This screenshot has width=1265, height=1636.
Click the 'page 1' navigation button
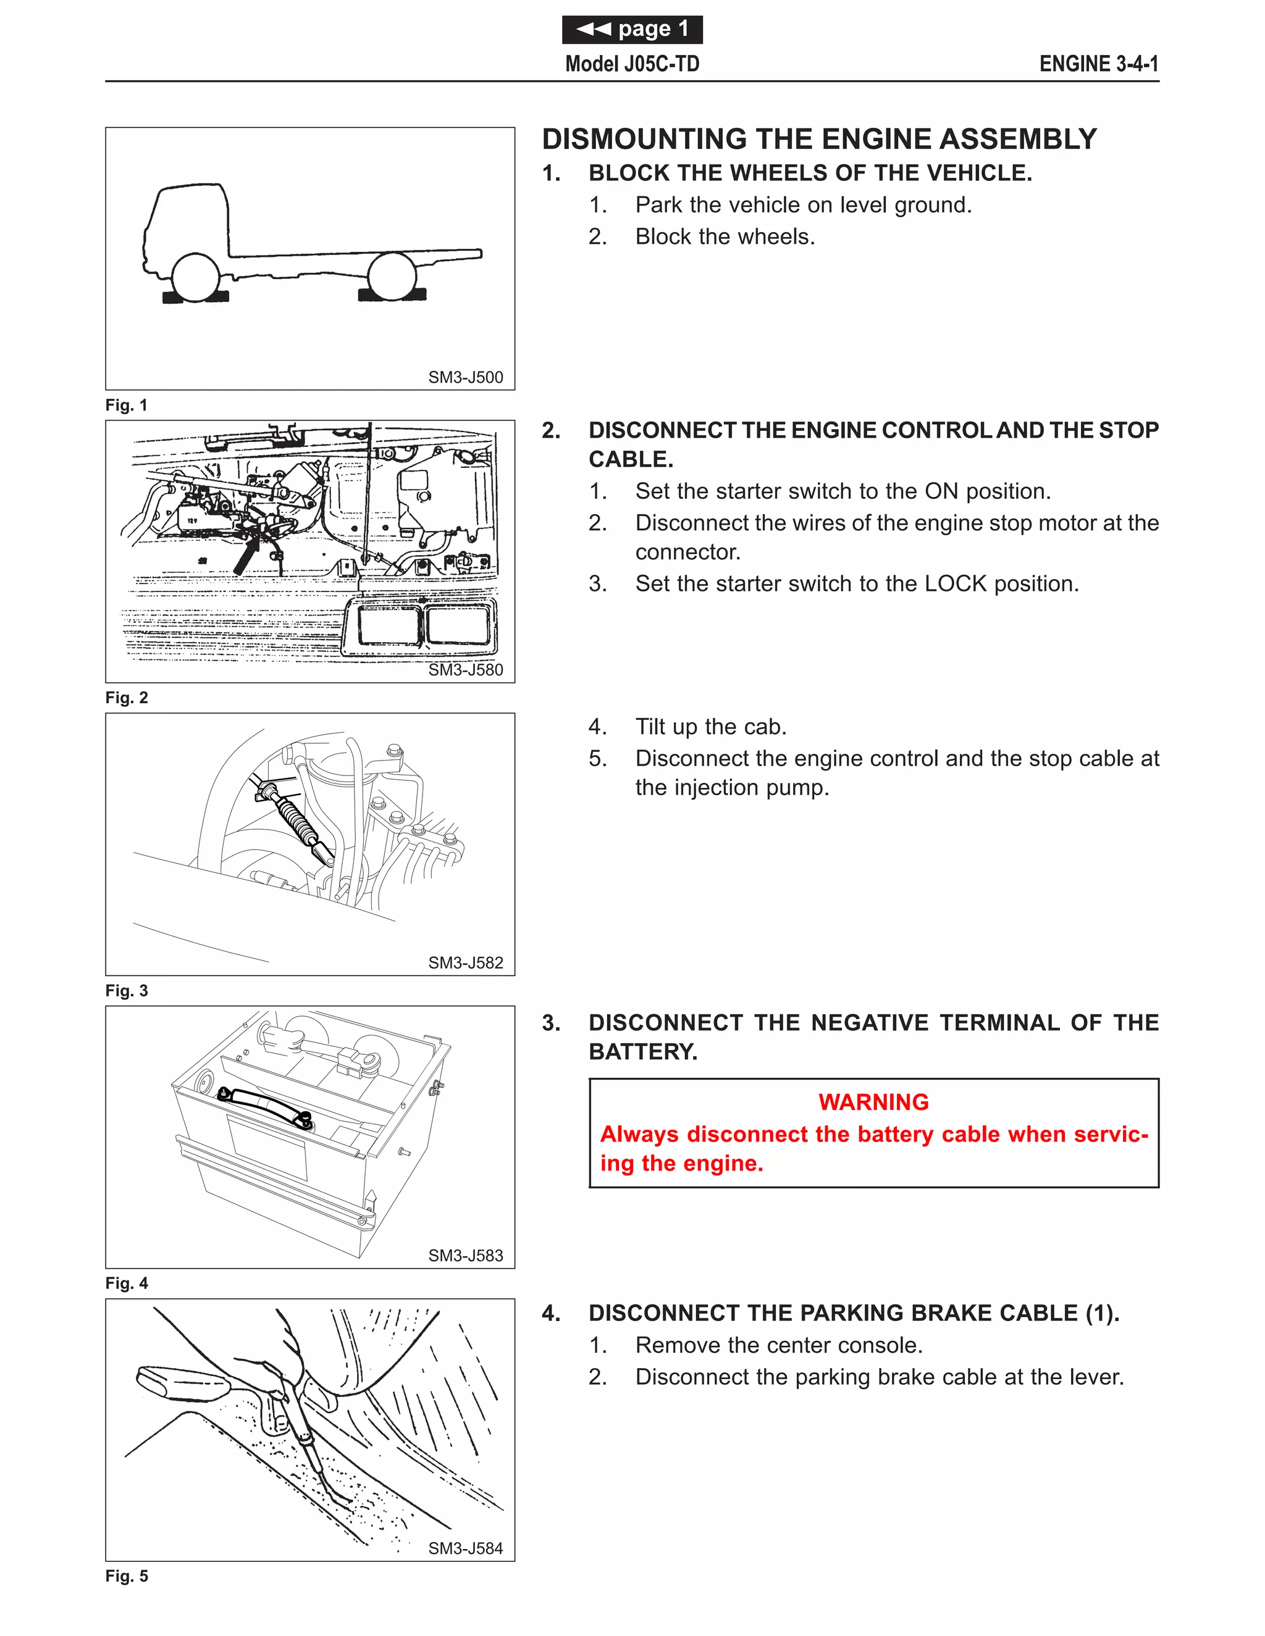632,29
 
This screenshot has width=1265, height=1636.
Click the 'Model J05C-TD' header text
632,64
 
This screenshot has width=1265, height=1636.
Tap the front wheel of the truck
196,277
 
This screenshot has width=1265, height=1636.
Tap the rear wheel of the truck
392,276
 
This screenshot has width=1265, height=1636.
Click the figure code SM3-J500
465,378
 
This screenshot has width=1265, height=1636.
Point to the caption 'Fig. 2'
127,698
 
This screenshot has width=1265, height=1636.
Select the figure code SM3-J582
465,962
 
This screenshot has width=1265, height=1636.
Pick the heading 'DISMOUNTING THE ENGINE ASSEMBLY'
819,140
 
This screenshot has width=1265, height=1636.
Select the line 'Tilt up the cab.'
710,727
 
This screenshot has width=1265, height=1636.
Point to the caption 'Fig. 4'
127,1283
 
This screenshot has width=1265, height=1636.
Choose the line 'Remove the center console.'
779,1345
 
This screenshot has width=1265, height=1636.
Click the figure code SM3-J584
465,1548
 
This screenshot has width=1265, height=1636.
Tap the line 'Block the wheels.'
725,236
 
